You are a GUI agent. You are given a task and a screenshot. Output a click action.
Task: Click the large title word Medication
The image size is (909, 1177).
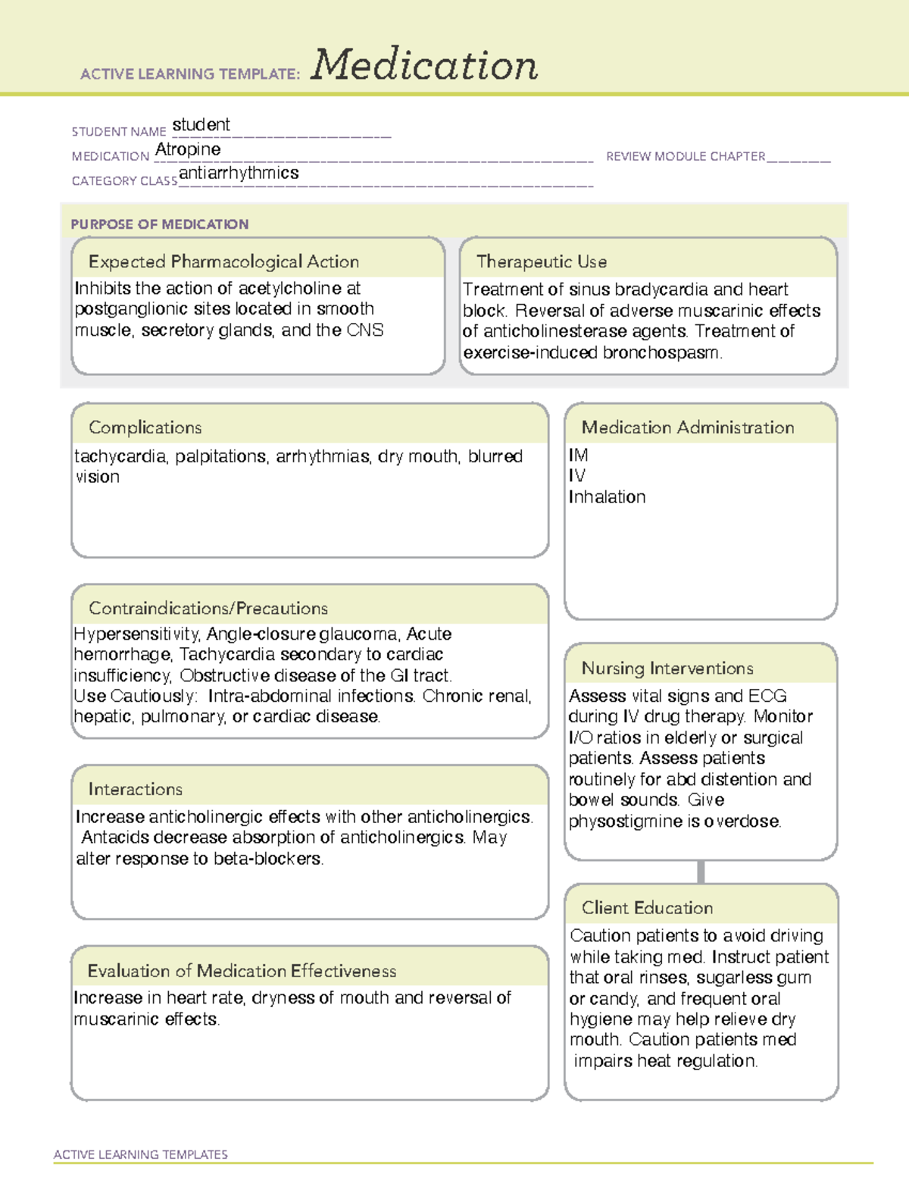[424, 65]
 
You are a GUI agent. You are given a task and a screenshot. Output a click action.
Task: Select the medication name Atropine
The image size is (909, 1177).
[188, 149]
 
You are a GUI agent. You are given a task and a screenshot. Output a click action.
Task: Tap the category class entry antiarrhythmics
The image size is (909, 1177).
[239, 174]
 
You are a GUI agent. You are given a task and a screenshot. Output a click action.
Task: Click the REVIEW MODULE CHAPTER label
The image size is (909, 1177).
[686, 156]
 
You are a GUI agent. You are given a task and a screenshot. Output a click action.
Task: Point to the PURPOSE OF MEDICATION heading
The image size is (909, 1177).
[160, 224]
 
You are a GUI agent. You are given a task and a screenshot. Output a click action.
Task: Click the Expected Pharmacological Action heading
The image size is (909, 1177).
[223, 261]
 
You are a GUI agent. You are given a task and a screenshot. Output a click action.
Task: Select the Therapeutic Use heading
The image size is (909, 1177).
[542, 261]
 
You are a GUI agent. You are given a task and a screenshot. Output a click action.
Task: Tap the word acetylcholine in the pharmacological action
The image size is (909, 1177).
[289, 289]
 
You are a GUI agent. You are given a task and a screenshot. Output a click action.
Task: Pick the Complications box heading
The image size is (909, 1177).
[145, 427]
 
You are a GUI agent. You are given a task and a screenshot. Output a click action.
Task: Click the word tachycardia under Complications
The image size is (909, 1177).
[120, 456]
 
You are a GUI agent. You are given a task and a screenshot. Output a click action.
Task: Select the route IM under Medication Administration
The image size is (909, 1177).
[579, 455]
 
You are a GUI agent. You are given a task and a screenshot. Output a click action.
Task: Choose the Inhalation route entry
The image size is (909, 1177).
[608, 497]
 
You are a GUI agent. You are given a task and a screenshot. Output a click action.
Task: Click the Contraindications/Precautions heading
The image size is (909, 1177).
[208, 609]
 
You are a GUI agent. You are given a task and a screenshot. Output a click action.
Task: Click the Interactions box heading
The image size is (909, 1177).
[136, 790]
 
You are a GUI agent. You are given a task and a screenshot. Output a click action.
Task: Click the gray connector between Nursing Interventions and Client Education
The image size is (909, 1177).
[701, 872]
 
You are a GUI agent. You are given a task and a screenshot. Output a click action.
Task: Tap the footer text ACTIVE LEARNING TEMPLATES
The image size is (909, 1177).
[141, 1154]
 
